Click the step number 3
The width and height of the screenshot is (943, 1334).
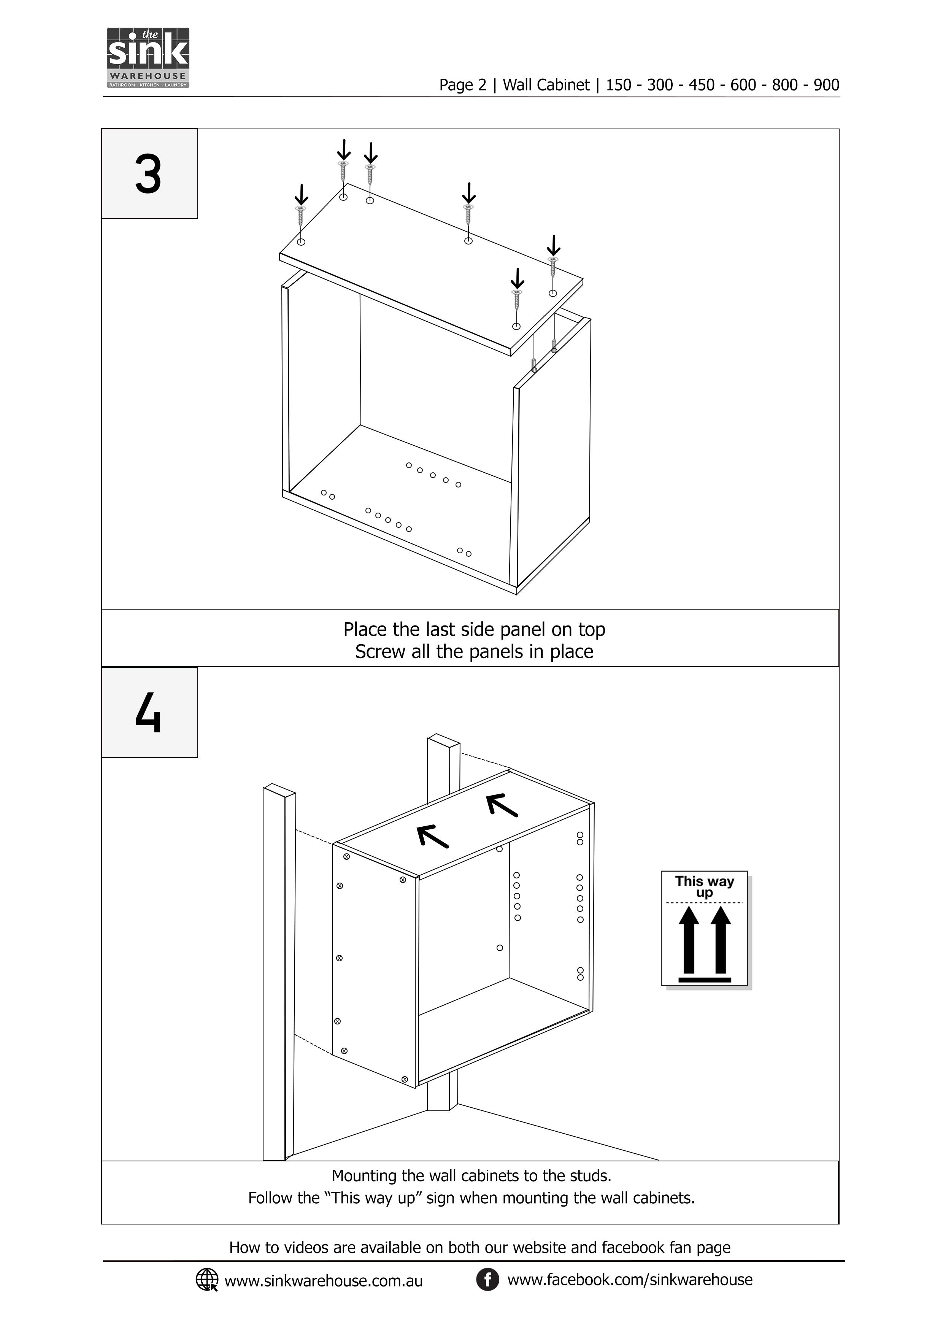click(148, 174)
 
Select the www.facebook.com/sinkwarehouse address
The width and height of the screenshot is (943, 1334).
click(630, 1279)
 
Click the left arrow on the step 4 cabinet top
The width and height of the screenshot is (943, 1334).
click(433, 836)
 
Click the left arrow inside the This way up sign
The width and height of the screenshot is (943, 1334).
click(689, 940)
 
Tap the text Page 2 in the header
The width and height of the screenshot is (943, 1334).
click(463, 86)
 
